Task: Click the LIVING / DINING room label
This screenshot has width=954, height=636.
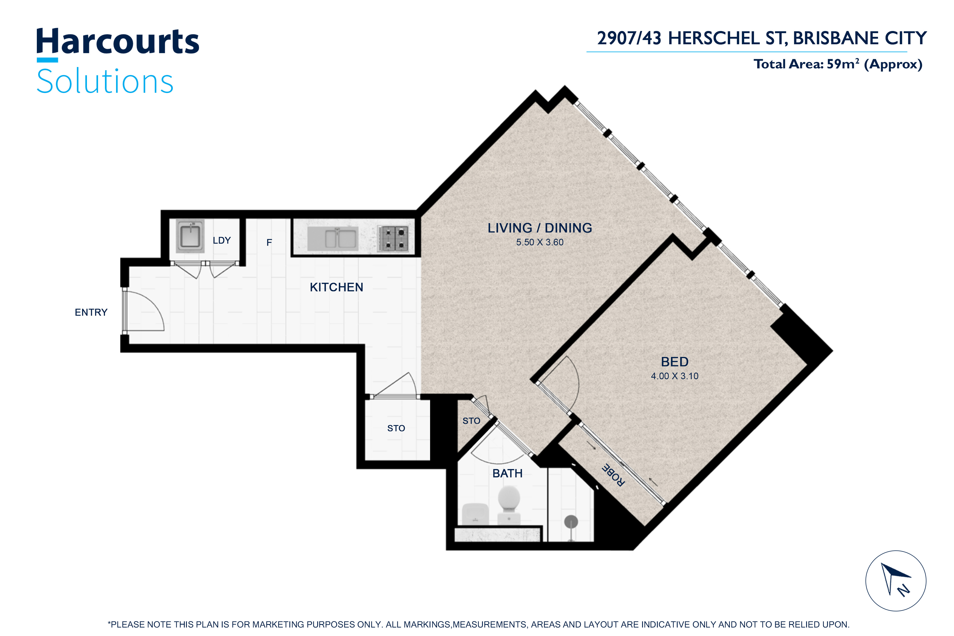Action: pos(540,228)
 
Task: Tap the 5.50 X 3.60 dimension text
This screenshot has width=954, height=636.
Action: pos(540,242)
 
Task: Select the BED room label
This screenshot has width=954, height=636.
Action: pos(674,362)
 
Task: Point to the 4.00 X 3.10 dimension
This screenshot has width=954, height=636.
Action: pos(674,376)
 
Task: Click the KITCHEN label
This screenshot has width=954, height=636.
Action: pos(336,287)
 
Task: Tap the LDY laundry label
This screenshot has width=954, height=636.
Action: pos(222,241)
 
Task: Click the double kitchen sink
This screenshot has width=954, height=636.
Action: pos(333,238)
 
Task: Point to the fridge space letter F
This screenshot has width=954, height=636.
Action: pos(269,242)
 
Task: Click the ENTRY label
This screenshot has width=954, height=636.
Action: pos(91,312)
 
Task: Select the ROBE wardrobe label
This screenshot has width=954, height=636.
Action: pos(613,475)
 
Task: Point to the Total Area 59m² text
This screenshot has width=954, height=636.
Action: pos(838,64)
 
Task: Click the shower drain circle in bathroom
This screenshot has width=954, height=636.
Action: pos(571,522)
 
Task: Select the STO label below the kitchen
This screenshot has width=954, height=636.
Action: pos(396,428)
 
